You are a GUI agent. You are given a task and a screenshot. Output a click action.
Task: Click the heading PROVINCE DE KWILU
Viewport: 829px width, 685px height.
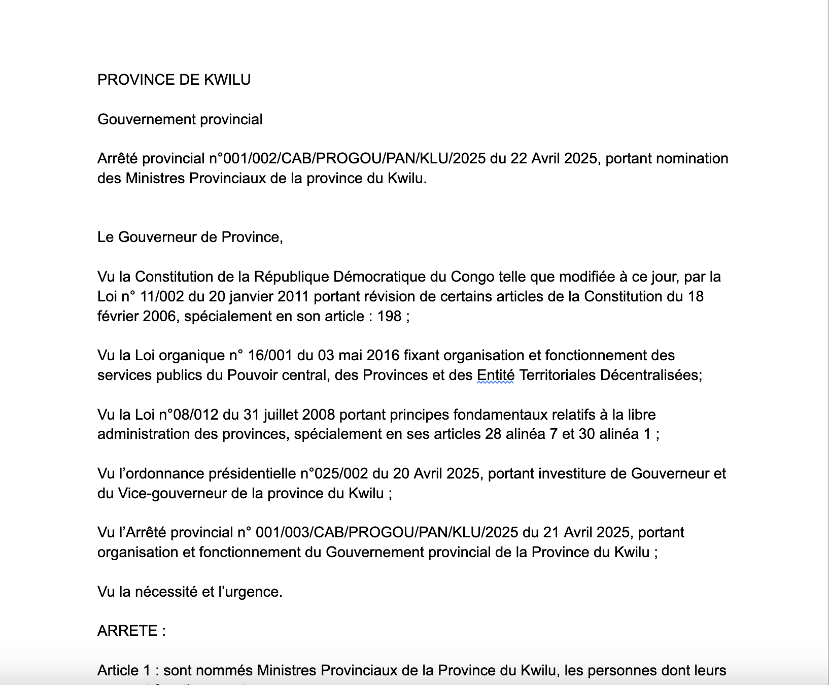pos(174,80)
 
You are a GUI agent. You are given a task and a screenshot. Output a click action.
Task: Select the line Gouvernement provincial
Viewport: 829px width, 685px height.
pos(180,119)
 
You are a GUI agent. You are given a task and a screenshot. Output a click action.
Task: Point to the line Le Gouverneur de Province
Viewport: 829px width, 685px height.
pos(190,237)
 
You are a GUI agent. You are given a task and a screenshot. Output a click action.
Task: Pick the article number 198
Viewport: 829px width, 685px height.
pos(389,316)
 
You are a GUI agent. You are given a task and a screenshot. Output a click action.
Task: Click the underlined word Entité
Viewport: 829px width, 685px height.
pos(495,375)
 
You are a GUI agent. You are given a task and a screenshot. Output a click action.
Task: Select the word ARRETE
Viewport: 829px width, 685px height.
pos(127,631)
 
